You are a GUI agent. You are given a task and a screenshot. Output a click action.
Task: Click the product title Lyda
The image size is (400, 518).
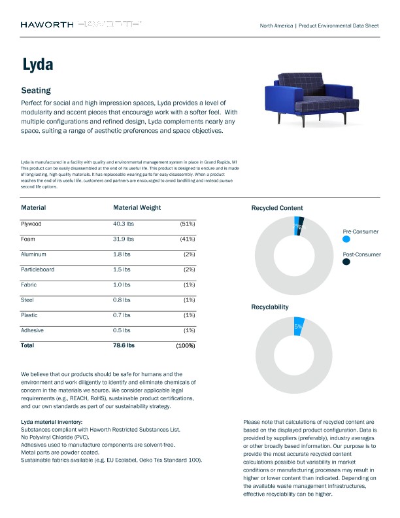click(x=37, y=65)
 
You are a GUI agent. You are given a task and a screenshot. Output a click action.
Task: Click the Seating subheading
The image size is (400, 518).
click(x=36, y=90)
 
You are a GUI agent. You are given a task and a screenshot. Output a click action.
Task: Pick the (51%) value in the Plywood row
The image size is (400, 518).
click(x=187, y=224)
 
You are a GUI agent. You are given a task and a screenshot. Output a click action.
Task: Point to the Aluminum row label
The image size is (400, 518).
click(x=35, y=254)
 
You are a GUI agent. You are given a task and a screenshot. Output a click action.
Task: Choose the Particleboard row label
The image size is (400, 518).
click(x=39, y=269)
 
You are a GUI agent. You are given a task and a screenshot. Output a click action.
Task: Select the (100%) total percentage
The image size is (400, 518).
click(x=185, y=345)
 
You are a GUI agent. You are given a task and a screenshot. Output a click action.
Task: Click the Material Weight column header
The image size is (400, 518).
click(x=137, y=208)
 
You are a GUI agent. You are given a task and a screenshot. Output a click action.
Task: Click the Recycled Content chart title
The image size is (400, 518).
click(x=277, y=208)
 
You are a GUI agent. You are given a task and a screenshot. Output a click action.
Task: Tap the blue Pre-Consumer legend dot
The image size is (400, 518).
click(x=346, y=239)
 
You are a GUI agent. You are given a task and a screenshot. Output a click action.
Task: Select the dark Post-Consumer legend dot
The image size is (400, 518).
click(x=346, y=262)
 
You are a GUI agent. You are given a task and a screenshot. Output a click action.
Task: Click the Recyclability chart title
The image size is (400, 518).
click(x=270, y=306)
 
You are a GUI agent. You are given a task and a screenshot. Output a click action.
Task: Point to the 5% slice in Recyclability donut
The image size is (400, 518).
click(x=299, y=326)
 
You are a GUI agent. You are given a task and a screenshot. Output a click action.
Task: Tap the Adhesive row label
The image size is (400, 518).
click(x=33, y=330)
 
